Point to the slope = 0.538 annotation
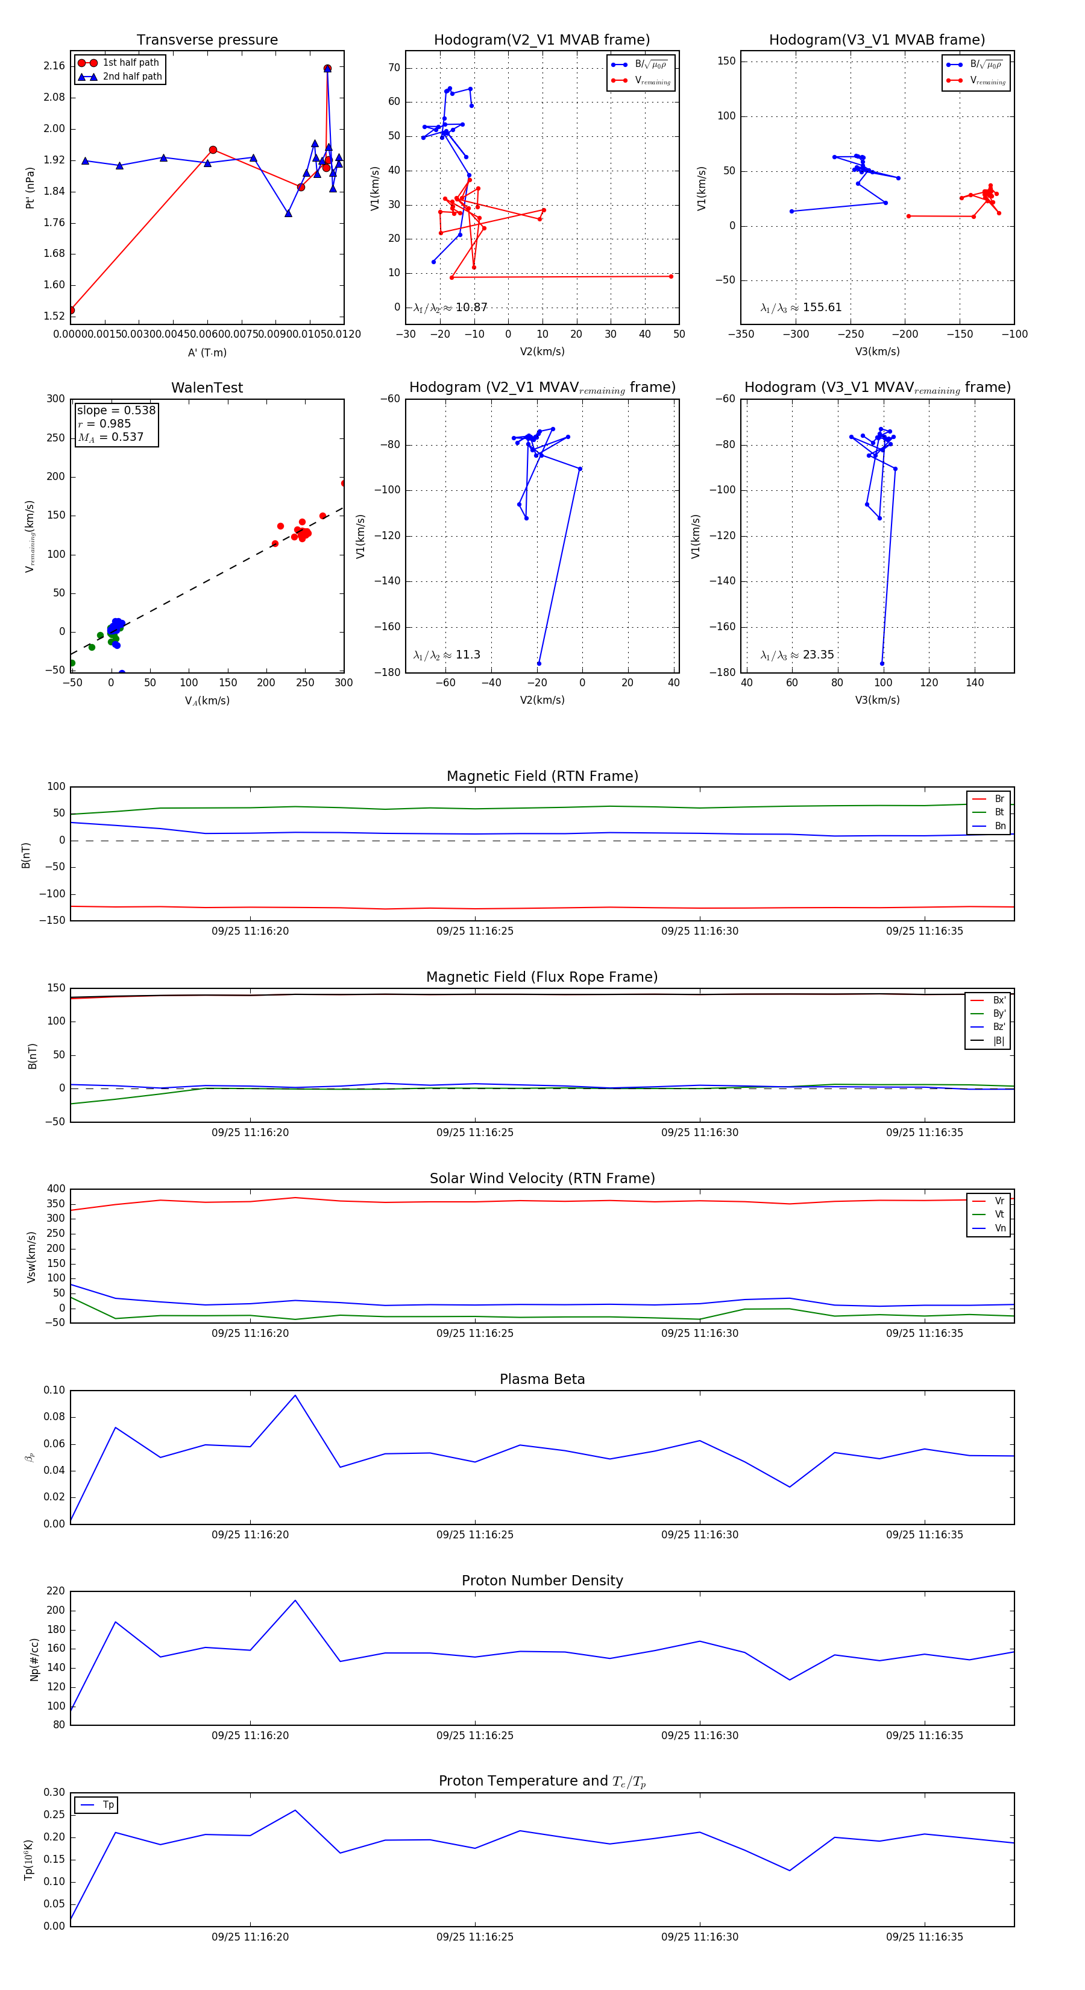116,410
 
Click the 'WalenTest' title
207,388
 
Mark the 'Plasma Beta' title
542,1379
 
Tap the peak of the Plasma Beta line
295,1394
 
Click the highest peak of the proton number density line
295,1600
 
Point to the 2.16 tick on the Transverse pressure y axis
54,66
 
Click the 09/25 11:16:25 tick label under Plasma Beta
474,1534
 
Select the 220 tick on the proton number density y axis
55,1591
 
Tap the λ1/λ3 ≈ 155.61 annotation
801,308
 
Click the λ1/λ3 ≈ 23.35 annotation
797,655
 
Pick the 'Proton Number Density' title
542,1581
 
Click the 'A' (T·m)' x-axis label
207,352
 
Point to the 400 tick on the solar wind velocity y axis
55,1189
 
